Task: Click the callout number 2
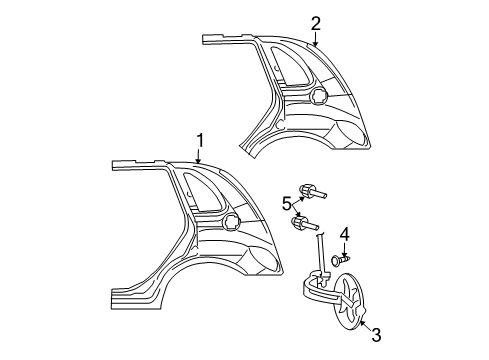tap(316, 23)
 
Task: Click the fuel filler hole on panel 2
tap(319, 95)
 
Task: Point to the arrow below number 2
tap(313, 41)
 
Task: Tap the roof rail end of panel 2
tap(213, 39)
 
